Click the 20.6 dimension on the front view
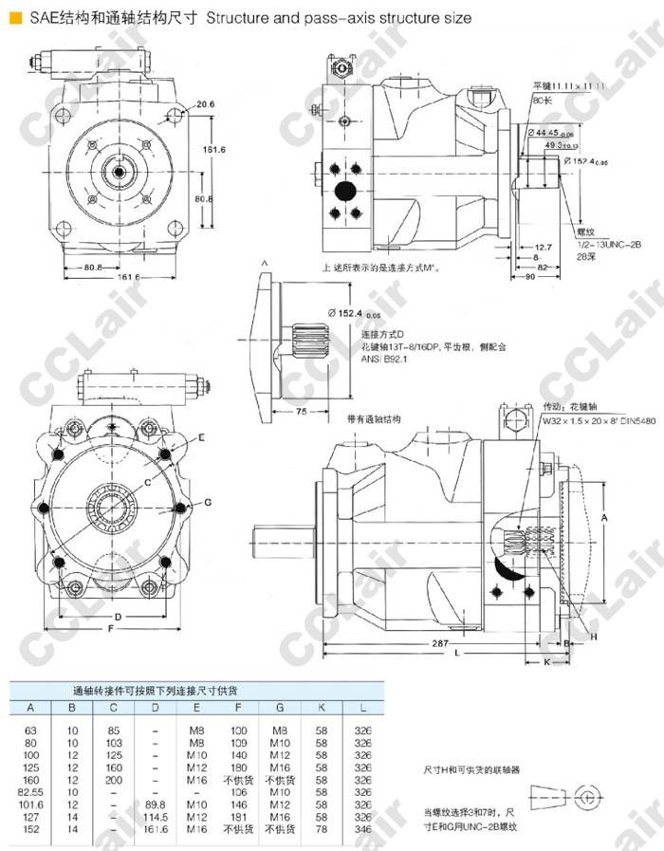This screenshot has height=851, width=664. coord(207,104)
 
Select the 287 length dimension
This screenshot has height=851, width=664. coord(438,643)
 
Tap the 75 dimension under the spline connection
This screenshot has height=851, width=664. coord(301,412)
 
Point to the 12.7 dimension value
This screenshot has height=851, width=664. coord(543,247)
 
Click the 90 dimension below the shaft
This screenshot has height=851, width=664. coord(531,275)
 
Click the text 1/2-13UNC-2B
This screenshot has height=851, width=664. coord(602,245)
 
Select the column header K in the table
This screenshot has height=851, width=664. coord(323,708)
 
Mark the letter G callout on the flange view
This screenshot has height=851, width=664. coord(207,501)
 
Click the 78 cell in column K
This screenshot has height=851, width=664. coord(323,829)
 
